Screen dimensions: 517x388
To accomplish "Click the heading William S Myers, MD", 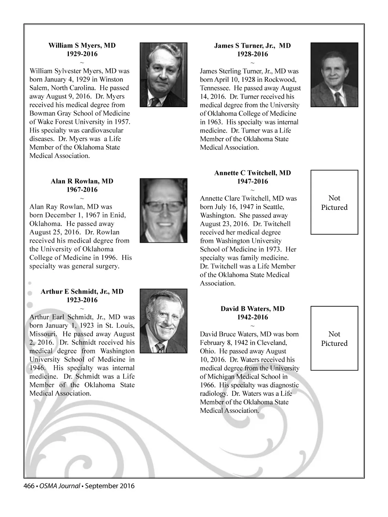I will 82,45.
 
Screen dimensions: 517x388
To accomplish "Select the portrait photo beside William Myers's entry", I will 163,75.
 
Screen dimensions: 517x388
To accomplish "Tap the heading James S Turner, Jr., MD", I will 252,46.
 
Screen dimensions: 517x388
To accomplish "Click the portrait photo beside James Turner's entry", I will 334,75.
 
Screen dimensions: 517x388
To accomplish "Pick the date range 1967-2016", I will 82,190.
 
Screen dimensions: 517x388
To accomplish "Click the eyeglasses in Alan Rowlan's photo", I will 163,206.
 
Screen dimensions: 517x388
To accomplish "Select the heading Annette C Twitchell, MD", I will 252,173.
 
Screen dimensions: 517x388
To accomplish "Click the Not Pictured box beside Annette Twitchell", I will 334,202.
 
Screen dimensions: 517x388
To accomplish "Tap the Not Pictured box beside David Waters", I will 334,338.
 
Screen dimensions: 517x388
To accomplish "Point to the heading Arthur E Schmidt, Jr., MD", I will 82,292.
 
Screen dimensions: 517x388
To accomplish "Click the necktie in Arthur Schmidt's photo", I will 161,348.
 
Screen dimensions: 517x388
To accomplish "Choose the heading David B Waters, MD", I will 252,309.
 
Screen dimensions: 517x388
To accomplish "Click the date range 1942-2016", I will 252,317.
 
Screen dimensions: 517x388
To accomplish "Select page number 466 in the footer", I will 30,486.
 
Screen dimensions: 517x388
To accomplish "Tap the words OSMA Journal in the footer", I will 59,486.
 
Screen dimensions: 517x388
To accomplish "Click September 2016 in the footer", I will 110,486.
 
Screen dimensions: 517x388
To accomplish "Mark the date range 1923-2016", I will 82,300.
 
